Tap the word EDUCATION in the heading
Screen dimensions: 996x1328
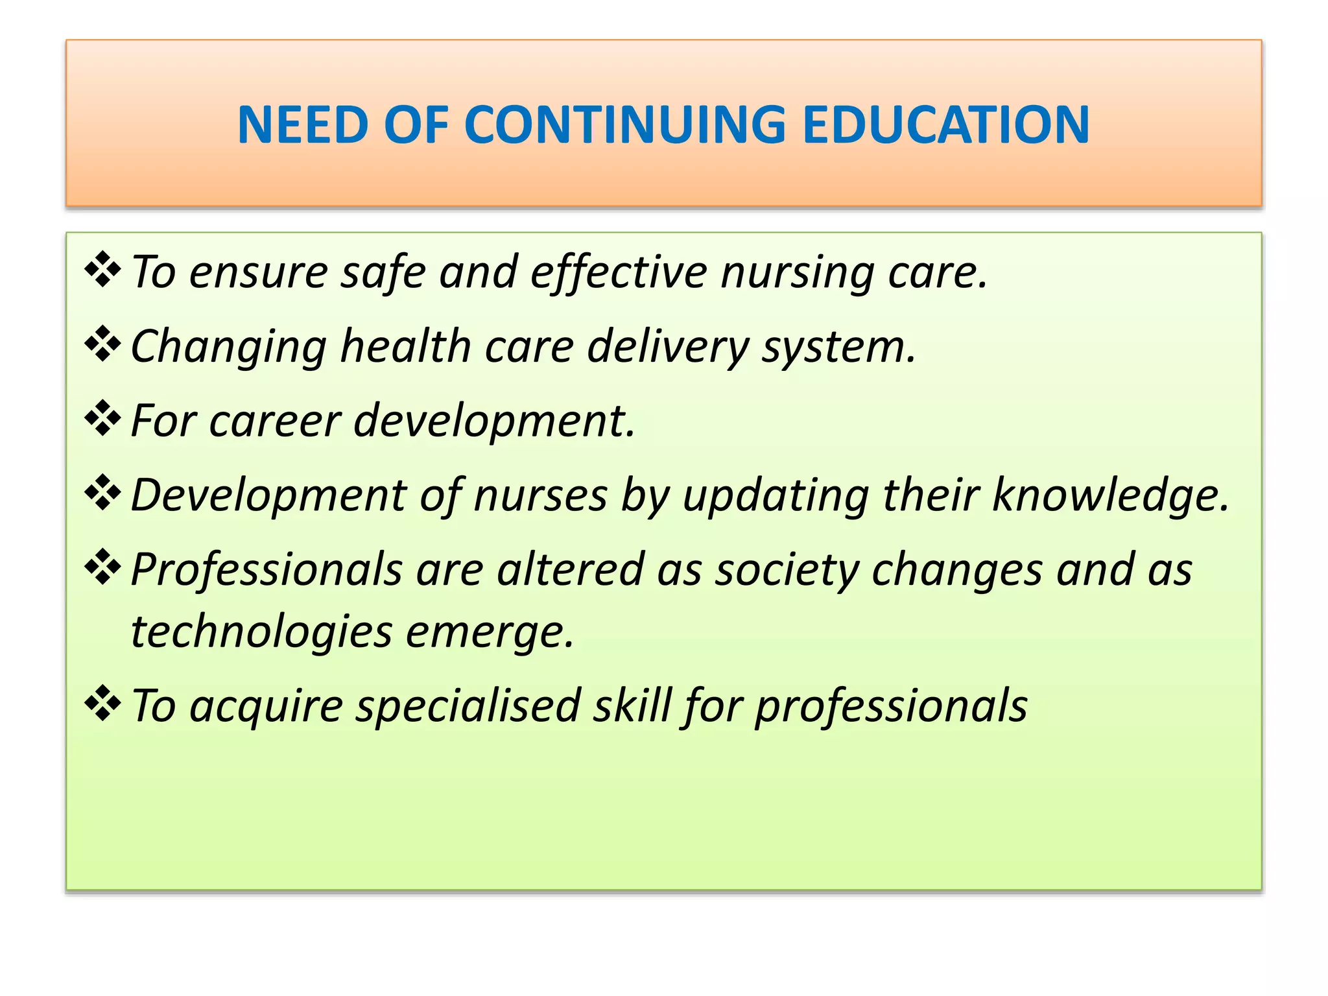[x=946, y=124]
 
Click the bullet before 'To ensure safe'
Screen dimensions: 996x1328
[x=103, y=270]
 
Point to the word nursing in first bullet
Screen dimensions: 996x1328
[x=798, y=272]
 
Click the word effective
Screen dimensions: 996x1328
[x=619, y=272]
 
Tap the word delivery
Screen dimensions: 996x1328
[x=668, y=347]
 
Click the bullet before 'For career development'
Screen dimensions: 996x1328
[x=103, y=418]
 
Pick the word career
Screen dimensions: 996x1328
[x=275, y=421]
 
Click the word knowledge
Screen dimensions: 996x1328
[x=1110, y=496]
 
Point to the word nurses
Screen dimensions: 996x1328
[x=540, y=496]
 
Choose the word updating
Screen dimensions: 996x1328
[x=776, y=496]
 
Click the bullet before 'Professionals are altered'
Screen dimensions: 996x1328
[x=103, y=567]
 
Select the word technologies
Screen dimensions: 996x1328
[x=261, y=632]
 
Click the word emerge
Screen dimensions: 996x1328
[x=490, y=632]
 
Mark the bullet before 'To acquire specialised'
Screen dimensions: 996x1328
[x=103, y=704]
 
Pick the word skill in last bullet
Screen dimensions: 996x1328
[x=632, y=706]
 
